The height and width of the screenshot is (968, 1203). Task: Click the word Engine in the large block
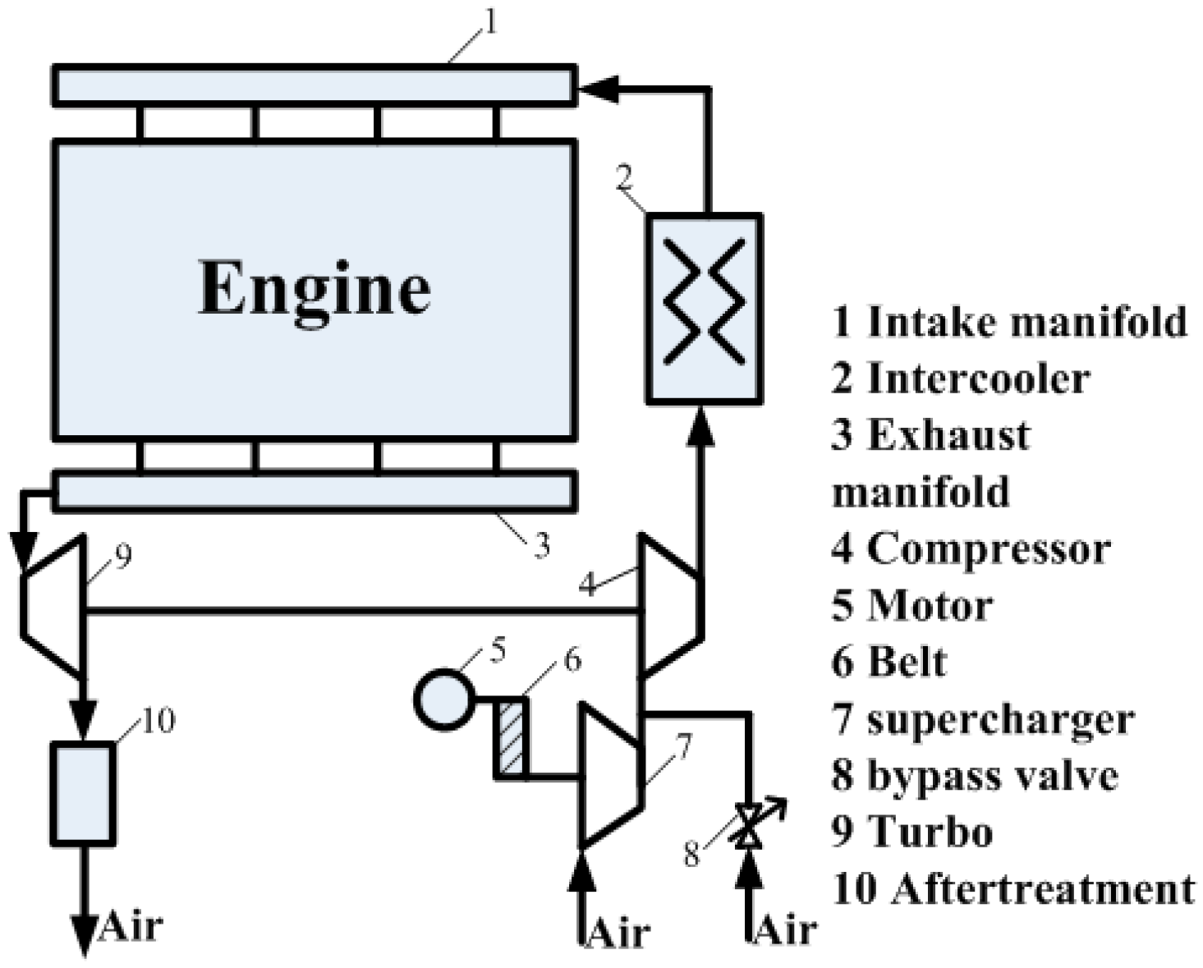point(315,288)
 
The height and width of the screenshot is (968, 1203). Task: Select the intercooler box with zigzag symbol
point(704,308)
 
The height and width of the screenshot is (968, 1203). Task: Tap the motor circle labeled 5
point(443,700)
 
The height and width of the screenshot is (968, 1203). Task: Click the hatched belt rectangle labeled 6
point(510,736)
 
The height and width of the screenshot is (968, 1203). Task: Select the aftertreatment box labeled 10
point(82,792)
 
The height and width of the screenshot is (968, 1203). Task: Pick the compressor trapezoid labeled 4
point(669,608)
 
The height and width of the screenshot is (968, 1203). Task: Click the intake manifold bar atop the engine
point(315,85)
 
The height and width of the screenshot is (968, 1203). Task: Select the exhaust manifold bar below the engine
point(315,491)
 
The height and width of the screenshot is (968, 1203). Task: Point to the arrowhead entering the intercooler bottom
point(703,425)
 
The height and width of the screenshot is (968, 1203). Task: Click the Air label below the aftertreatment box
point(131,925)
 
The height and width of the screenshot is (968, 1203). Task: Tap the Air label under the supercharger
point(618,934)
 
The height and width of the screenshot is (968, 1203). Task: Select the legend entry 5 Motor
point(911,606)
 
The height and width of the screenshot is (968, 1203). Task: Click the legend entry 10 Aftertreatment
point(1013,889)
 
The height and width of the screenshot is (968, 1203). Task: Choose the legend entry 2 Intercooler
point(960,378)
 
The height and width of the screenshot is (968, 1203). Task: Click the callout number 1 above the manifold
point(489,23)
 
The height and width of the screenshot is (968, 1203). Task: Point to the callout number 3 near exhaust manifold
point(541,545)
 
